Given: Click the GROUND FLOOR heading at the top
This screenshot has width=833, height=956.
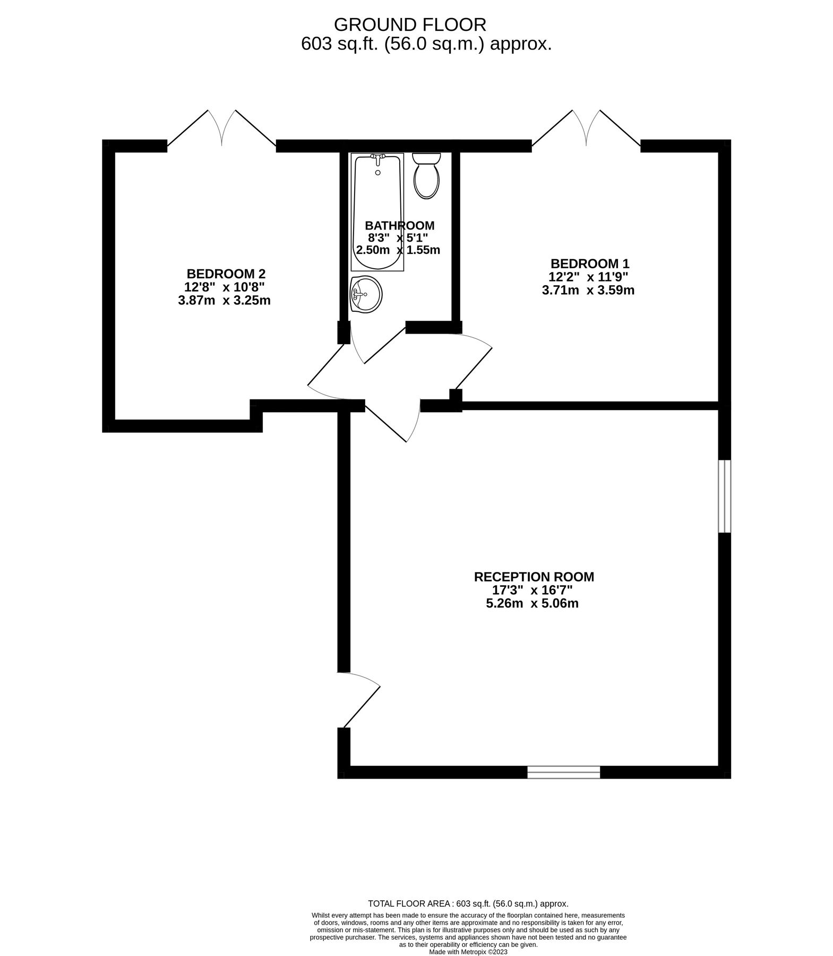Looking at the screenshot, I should coord(410,24).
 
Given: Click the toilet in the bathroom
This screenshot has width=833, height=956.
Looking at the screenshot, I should coord(426,176).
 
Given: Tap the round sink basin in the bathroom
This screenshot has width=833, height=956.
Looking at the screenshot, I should coord(366,294).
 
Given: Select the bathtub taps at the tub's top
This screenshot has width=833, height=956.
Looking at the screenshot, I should coord(378,157).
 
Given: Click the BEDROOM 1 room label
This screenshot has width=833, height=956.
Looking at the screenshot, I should coord(589,263).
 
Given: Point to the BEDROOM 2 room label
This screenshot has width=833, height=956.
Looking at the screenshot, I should coord(226,274).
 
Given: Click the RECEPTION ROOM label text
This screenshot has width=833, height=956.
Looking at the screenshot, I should coord(534,576).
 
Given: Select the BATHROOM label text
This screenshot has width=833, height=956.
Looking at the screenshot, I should coord(399,225).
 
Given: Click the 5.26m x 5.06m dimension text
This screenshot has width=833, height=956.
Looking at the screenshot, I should coord(532,603).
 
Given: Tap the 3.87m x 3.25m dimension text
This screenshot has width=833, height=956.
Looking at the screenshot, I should coord(224,300).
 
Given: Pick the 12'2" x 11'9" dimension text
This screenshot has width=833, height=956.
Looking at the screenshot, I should coord(588,277).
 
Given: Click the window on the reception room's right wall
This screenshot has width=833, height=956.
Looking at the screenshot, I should coord(724,496).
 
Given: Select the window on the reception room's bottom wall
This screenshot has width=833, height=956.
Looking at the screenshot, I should coord(563,772).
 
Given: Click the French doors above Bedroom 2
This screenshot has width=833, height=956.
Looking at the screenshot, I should coord(221,129).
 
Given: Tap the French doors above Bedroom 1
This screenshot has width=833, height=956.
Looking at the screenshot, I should coord(586,129).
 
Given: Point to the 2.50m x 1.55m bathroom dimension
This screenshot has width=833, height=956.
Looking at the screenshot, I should coord(398,250).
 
